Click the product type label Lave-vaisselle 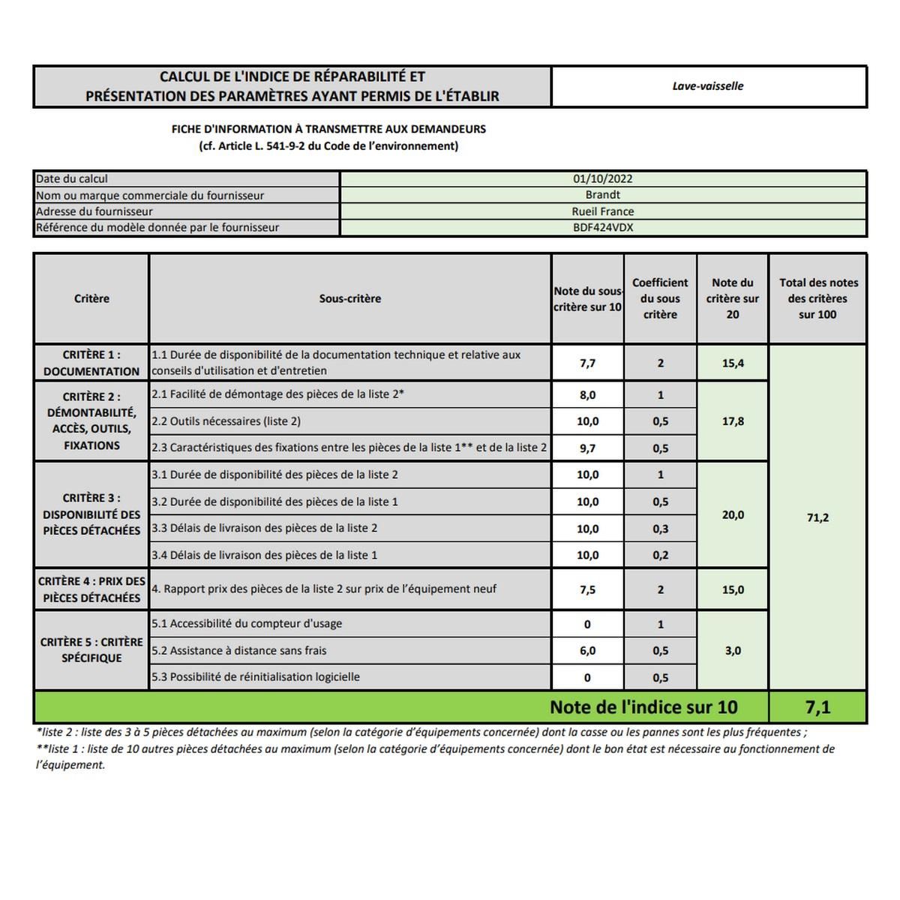click(x=708, y=86)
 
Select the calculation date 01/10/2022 click(x=603, y=179)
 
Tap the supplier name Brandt click(x=603, y=195)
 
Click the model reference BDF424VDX click(x=603, y=227)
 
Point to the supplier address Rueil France click(x=603, y=211)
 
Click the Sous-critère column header click(x=350, y=298)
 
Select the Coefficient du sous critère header click(x=660, y=298)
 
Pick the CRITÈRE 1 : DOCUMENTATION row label click(x=91, y=363)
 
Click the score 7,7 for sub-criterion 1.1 click(x=587, y=364)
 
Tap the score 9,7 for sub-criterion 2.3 click(x=587, y=448)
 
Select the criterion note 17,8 click(x=733, y=421)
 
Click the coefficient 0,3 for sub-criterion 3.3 click(x=660, y=529)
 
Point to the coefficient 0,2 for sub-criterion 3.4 click(x=660, y=556)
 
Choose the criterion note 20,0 click(x=733, y=515)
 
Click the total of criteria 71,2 click(x=817, y=517)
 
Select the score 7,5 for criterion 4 click(x=587, y=590)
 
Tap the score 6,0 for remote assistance click(x=587, y=651)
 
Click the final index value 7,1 click(x=817, y=707)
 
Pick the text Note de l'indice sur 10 click(x=643, y=707)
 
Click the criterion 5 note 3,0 click(x=733, y=651)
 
